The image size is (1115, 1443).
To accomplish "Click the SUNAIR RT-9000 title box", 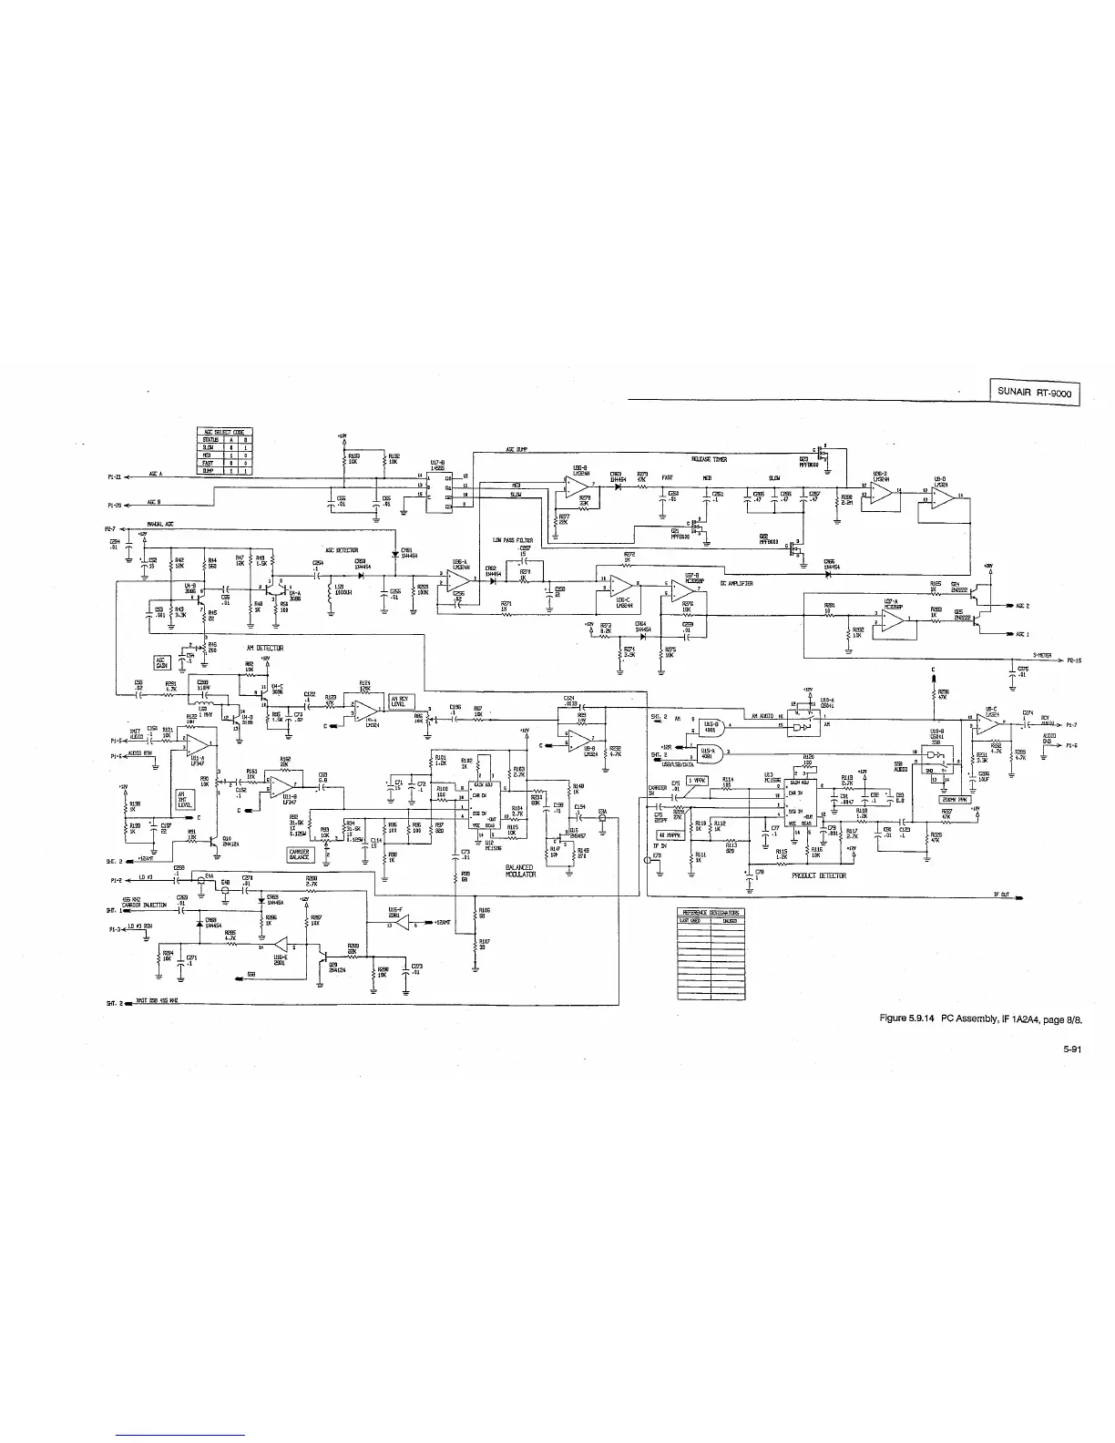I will pos(1034,394).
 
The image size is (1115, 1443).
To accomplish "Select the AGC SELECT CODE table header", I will pos(225,431).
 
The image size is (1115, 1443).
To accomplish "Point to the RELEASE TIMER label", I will pos(709,460).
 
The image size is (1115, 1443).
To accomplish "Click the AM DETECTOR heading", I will pos(264,648).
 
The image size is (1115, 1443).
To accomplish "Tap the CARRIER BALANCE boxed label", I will pos(300,855).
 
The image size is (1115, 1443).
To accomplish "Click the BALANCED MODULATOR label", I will pos(518,871).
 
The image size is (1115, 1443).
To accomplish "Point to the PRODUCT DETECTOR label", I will pos(819,875).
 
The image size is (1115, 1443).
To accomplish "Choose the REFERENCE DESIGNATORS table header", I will pos(711,912).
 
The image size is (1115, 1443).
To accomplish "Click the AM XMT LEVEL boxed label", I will pos(185,800).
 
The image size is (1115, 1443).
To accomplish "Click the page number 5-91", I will pos(1070,1049).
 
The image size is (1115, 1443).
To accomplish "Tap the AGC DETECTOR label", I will pos(341,550).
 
